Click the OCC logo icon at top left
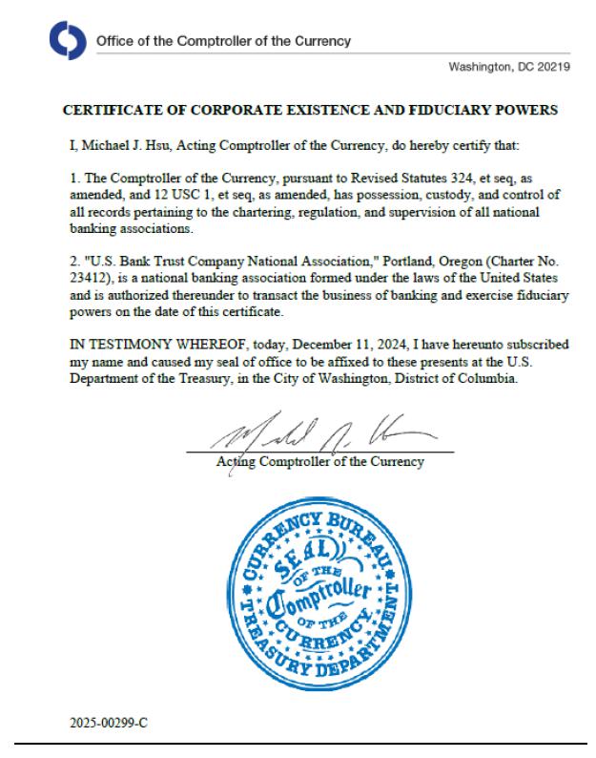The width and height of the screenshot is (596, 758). tap(67, 41)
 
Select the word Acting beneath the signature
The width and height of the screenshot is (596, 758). tap(235, 462)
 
